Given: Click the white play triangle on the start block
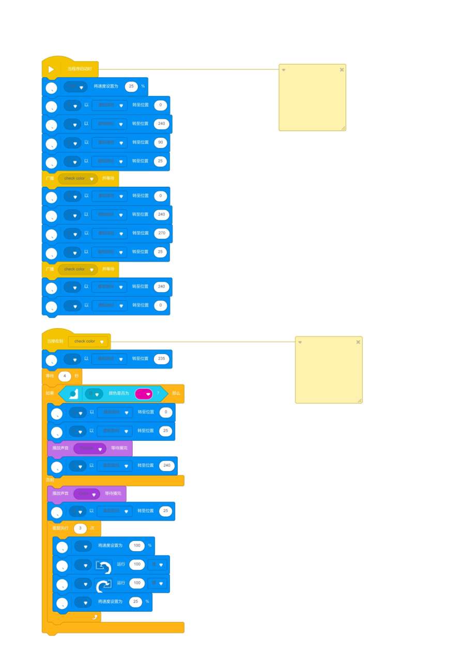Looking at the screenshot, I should pyautogui.click(x=51, y=69).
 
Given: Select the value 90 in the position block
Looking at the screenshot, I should pyautogui.click(x=160, y=142).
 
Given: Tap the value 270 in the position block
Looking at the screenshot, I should pyautogui.click(x=162, y=233).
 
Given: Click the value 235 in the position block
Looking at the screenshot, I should pyautogui.click(x=162, y=359).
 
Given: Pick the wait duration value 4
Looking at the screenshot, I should pyautogui.click(x=65, y=376).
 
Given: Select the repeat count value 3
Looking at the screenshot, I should pyautogui.click(x=80, y=529).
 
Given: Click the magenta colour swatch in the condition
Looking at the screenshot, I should pyautogui.click(x=143, y=394).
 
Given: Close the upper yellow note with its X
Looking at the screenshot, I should pyautogui.click(x=342, y=70).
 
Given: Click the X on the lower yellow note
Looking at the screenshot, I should pyautogui.click(x=358, y=342).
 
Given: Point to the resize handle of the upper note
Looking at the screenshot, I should pyautogui.click(x=343, y=128).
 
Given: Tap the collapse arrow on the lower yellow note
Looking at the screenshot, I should pyautogui.click(x=300, y=342).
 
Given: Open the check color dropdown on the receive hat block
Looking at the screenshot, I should pyautogui.click(x=102, y=342).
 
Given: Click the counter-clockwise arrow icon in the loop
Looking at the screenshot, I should pyautogui.click(x=103, y=567).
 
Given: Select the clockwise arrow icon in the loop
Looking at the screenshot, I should pyautogui.click(x=103, y=585).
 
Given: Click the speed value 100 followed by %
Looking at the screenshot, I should pyautogui.click(x=137, y=546).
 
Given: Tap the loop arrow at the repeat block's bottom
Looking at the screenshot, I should pyautogui.click(x=95, y=617).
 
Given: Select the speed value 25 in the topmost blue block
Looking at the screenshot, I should pyautogui.click(x=131, y=86).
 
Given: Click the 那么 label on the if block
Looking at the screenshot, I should pyautogui.click(x=176, y=394).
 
